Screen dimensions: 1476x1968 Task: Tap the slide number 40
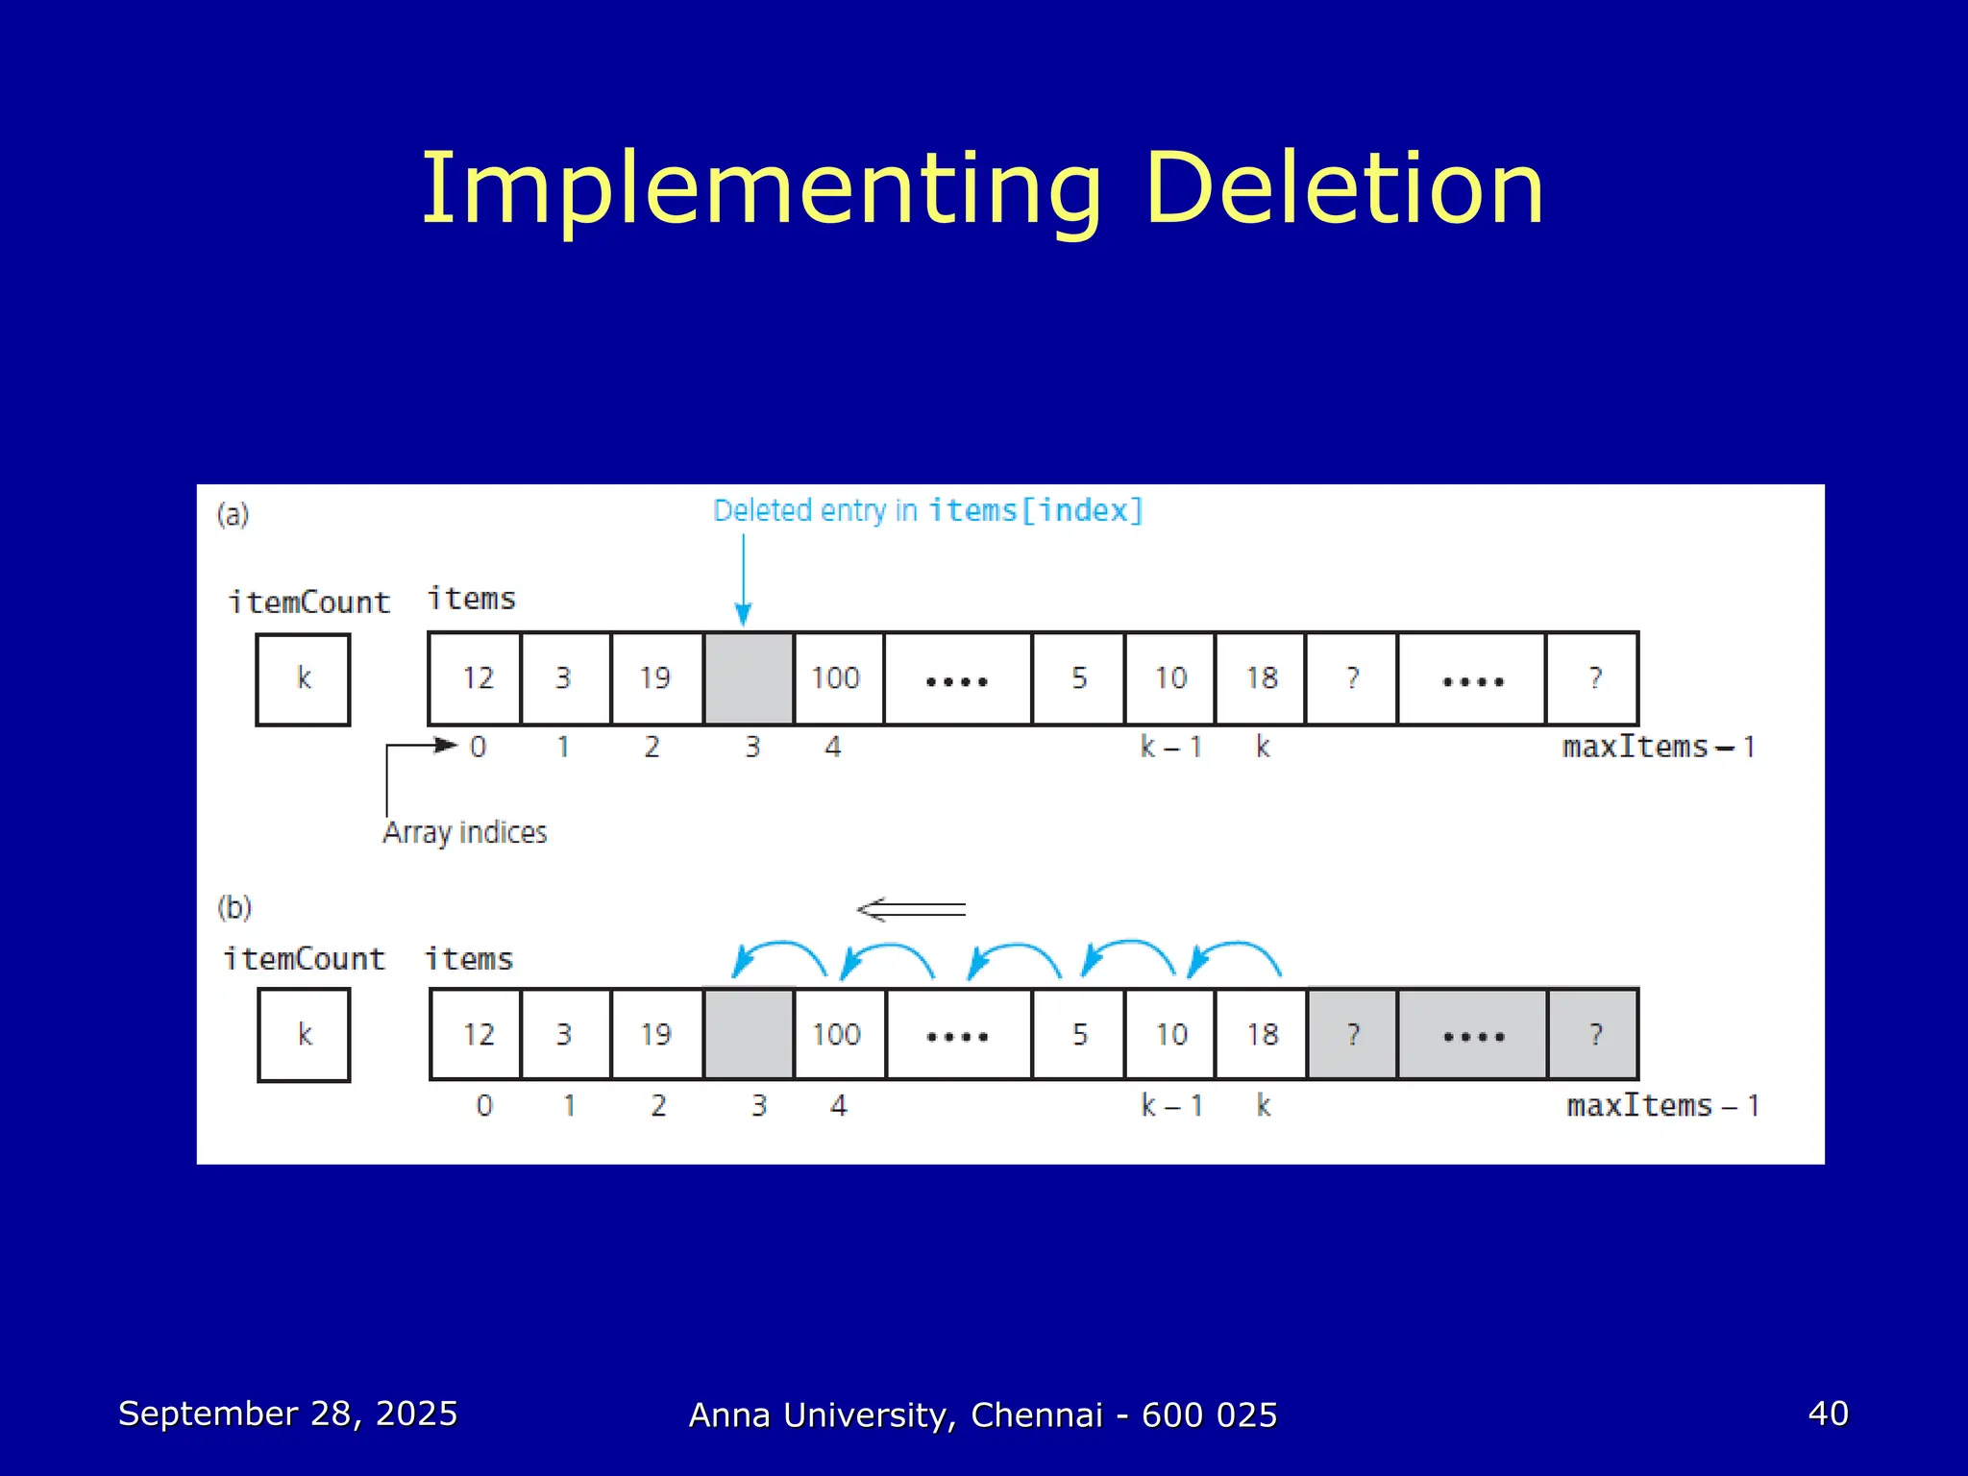tap(1828, 1414)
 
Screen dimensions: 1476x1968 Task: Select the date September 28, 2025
tap(287, 1414)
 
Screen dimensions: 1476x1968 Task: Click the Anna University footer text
tap(983, 1415)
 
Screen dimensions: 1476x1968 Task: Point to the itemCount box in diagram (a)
tap(303, 679)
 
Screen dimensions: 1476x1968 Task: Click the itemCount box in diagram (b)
tap(304, 1035)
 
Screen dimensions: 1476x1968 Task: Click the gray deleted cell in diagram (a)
tap(749, 678)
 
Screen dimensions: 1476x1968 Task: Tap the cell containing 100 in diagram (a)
tap(836, 678)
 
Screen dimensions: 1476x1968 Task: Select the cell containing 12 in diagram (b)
tap(478, 1034)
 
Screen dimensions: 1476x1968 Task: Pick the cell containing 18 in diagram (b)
tap(1262, 1034)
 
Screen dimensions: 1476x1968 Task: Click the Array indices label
tap(465, 832)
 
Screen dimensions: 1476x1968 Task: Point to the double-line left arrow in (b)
tap(911, 909)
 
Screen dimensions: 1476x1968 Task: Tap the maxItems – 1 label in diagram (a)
tap(1659, 747)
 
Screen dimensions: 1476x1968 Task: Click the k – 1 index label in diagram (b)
tap(1171, 1106)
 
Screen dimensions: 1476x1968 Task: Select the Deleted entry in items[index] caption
tap(927, 510)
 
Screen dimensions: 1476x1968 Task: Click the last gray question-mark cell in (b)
tap(1594, 1034)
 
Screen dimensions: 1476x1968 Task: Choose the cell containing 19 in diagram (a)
tap(655, 678)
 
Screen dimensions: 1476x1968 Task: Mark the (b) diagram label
tap(234, 907)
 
